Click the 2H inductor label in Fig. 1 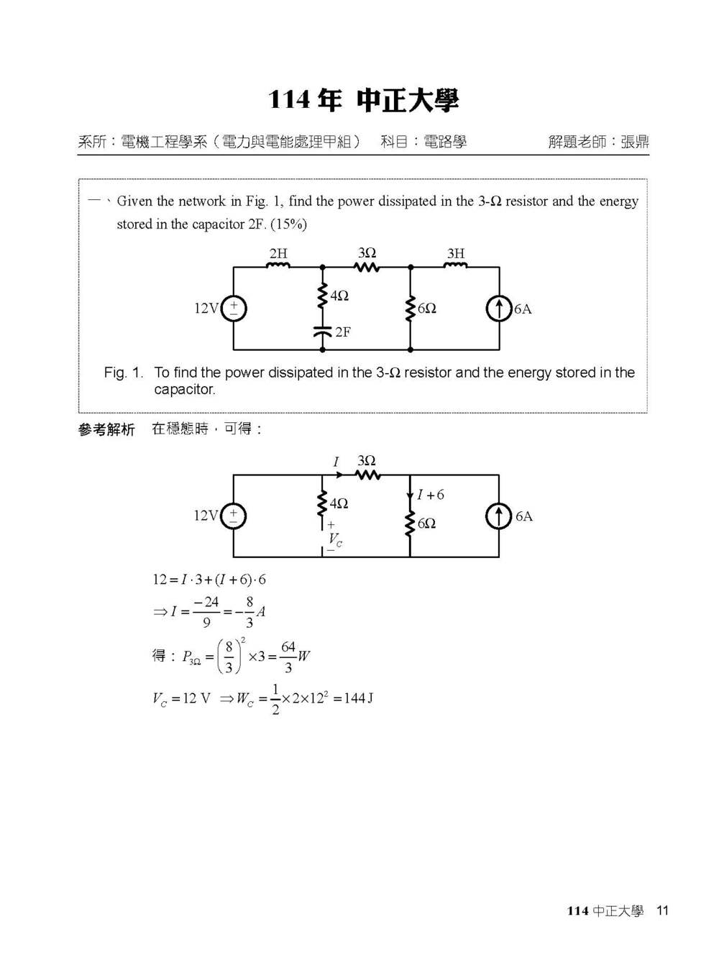point(278,253)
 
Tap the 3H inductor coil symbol point(455,265)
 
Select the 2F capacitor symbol point(322,332)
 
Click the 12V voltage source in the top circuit point(234,309)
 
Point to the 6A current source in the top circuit point(499,309)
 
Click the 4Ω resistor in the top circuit point(322,296)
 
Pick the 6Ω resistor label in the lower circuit point(426,524)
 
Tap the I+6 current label point(431,495)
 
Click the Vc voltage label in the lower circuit point(335,540)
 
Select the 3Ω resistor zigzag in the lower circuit point(367,475)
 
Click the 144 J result point(358,698)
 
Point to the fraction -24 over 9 point(206,611)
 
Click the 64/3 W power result point(296,657)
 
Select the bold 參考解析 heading point(106,429)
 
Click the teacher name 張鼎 point(634,142)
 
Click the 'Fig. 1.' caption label point(124,373)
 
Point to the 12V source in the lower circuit point(234,516)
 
